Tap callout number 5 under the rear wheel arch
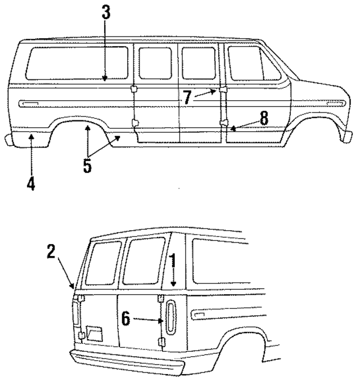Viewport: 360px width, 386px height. tap(88, 167)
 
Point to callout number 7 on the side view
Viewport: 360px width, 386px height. tap(187, 97)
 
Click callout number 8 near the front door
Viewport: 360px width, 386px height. tap(264, 118)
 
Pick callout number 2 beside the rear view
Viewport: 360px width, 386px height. tap(51, 252)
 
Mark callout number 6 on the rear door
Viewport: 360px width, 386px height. tap(126, 319)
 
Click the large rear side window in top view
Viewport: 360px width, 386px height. tap(77, 63)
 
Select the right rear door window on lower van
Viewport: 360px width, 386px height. tap(143, 260)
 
